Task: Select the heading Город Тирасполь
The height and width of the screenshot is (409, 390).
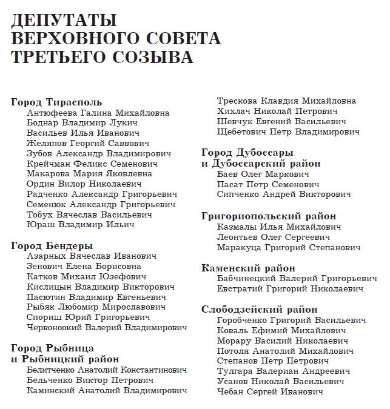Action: (x=57, y=102)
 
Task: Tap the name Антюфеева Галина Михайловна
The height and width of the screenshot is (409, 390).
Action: (x=98, y=113)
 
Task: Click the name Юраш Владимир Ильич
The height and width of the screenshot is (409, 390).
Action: (x=81, y=225)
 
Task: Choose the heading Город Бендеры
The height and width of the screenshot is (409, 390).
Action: (x=52, y=246)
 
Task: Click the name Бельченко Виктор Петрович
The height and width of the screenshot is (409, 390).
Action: (x=90, y=381)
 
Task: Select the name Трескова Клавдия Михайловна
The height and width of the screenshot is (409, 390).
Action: (x=287, y=101)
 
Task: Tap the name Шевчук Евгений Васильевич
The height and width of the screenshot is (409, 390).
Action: (x=280, y=121)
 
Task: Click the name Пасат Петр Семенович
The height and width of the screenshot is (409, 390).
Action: (x=268, y=184)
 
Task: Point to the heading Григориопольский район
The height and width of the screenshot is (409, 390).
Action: (x=277, y=216)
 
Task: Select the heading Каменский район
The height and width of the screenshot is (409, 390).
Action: (x=248, y=268)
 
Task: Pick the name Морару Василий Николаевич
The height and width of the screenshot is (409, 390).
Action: (x=281, y=341)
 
